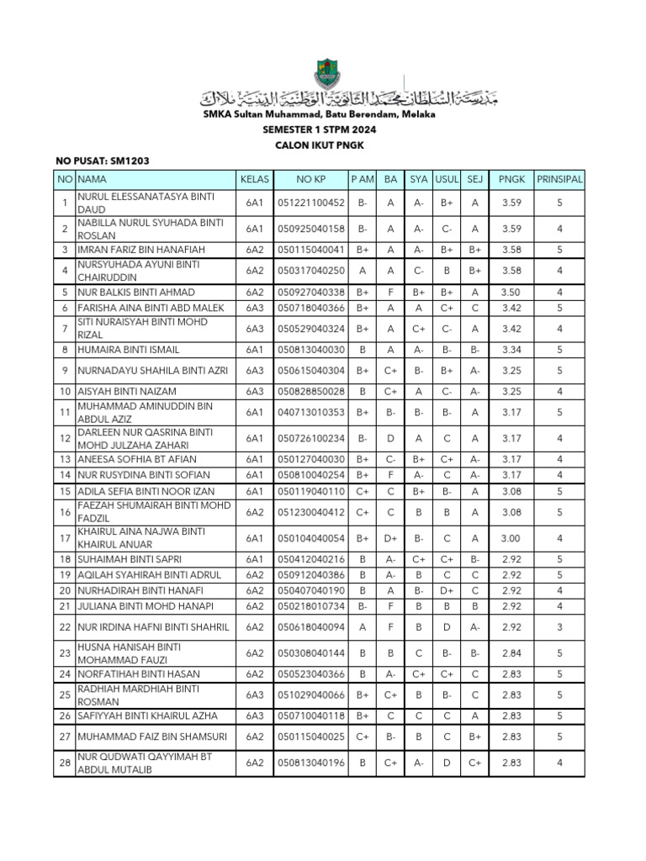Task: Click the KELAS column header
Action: click(x=254, y=179)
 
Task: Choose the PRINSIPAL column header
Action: click(x=559, y=179)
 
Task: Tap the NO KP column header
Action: click(x=310, y=179)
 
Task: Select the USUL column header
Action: click(x=446, y=179)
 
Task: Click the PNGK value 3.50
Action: click(x=511, y=292)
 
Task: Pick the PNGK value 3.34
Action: click(x=511, y=349)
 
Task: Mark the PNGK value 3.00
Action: click(x=511, y=537)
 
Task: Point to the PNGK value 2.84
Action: click(x=511, y=652)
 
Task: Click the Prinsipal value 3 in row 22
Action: click(x=559, y=626)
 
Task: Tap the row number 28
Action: click(x=64, y=763)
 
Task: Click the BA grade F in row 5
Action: click(x=390, y=292)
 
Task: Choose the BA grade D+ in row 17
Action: click(x=390, y=537)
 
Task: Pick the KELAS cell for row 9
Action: click(x=254, y=370)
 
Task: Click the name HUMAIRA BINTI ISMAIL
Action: click(x=129, y=349)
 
